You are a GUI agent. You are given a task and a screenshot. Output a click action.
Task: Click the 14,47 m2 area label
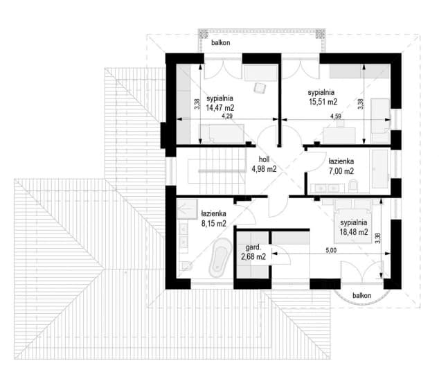[x=220, y=107]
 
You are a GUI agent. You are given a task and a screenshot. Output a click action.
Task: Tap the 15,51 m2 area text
[x=323, y=102]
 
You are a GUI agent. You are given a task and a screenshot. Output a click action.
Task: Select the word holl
[x=264, y=159]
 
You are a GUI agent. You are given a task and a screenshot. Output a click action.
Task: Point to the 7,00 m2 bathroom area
[x=341, y=171]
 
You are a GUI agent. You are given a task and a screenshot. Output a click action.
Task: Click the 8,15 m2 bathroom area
[x=214, y=223]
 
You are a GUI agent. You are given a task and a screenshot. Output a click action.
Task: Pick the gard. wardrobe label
[x=253, y=247]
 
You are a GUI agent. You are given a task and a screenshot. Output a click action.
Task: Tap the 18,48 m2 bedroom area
[x=354, y=232]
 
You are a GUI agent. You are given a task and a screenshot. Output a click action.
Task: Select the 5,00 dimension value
[x=331, y=251]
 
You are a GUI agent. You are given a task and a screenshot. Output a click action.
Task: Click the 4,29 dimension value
[x=227, y=116]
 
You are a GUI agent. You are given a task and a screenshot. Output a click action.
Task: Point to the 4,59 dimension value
[x=336, y=116]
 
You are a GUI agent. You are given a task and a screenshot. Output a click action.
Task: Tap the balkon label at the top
[x=221, y=42]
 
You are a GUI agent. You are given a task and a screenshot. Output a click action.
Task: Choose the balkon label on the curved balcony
[x=361, y=295]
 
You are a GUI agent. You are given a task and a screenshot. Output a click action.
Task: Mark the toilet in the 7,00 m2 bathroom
[x=353, y=186]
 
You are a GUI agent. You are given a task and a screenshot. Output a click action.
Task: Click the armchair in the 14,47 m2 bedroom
[x=260, y=88]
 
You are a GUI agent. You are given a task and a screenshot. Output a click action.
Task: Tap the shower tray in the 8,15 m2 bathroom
[x=188, y=209]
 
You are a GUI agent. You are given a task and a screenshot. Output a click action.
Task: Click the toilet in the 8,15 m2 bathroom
[x=187, y=265]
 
